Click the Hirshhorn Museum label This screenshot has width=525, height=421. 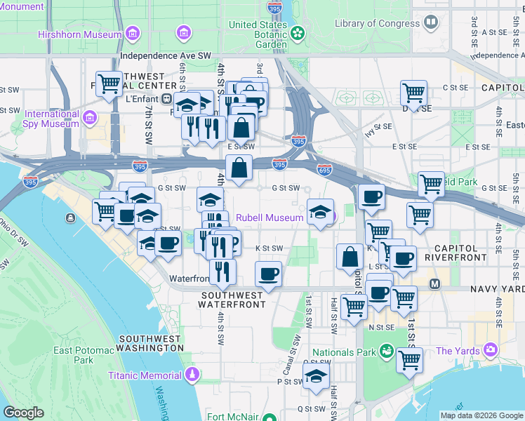pyautogui.click(x=81, y=34)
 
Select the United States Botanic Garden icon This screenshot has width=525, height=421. pyautogui.click(x=298, y=33)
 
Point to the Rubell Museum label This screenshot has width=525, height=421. pyautogui.click(x=270, y=218)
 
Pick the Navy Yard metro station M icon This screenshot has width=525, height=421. pyautogui.click(x=434, y=283)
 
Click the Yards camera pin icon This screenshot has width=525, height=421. pyautogui.click(x=490, y=349)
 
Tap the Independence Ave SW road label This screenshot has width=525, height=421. pyautogui.click(x=165, y=55)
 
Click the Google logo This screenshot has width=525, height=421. pyautogui.click(x=24, y=413)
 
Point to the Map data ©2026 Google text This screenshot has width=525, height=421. pyautogui.click(x=481, y=415)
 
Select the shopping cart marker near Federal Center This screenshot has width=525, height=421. pyautogui.click(x=109, y=86)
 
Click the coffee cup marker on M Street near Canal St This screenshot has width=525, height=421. pyautogui.click(x=267, y=274)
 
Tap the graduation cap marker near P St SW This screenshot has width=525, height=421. pyautogui.click(x=317, y=375)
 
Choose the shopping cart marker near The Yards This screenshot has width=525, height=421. pyautogui.click(x=409, y=361)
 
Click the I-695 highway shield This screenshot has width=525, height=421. pyautogui.click(x=324, y=170)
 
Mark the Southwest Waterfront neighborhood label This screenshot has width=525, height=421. pyautogui.click(x=232, y=300)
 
